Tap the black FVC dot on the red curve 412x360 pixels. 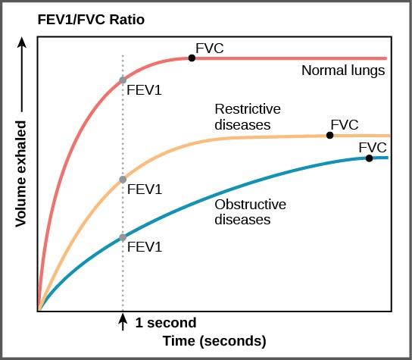point(192,58)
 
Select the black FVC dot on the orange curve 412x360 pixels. point(329,135)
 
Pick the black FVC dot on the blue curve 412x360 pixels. point(369,158)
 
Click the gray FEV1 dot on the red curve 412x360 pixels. point(123,80)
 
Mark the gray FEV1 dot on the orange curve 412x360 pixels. point(123,180)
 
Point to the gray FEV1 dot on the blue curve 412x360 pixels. point(123,237)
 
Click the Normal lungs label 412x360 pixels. point(343,71)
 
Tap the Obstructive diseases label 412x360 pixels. point(250,212)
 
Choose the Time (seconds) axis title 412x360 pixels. point(214,341)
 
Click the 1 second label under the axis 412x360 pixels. point(165,323)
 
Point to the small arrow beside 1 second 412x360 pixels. point(123,322)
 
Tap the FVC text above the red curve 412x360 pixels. point(210,49)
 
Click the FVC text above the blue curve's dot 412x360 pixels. point(373,146)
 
